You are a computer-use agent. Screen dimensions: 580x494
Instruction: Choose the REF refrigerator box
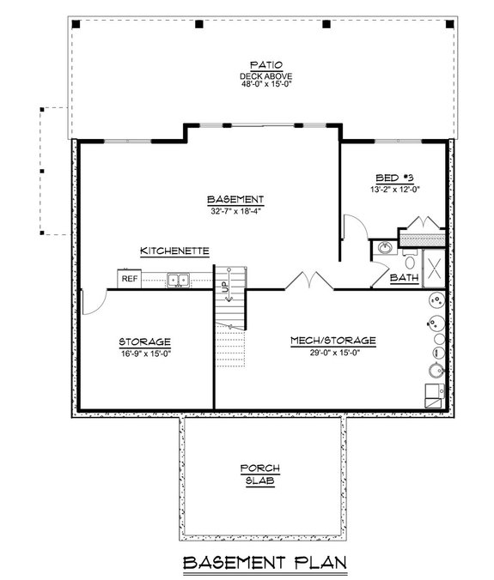click(129, 279)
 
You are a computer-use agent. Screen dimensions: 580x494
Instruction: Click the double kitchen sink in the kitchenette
click(180, 279)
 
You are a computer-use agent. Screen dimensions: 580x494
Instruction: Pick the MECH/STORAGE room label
click(332, 341)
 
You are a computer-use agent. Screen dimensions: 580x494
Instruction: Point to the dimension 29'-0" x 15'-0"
click(332, 352)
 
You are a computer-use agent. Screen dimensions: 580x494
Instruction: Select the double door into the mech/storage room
click(304, 281)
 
